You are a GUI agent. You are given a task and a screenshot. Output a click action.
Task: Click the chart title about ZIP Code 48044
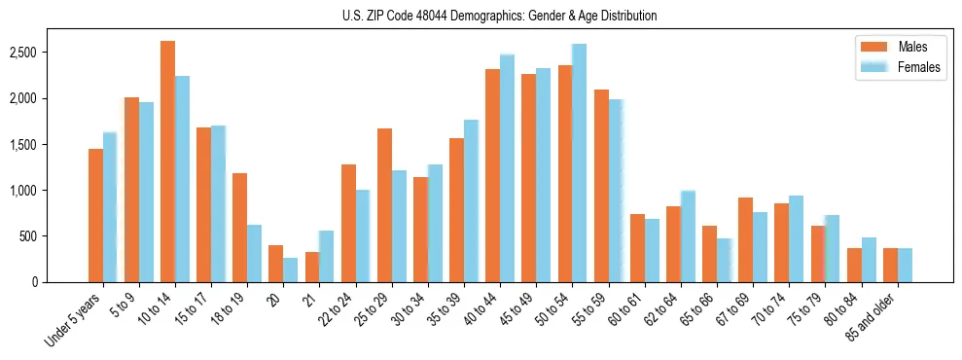499,16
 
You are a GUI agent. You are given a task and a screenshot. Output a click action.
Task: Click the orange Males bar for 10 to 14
168,162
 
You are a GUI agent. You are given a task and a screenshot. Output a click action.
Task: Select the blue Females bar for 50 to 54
580,163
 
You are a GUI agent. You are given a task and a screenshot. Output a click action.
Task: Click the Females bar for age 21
327,257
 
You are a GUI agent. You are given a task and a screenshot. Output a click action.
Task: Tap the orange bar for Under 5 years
95,215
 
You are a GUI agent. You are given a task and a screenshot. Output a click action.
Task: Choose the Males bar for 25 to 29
384,205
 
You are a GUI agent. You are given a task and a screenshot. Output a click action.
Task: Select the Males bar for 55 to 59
601,186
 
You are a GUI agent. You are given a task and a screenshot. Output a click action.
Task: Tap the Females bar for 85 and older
905,266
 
